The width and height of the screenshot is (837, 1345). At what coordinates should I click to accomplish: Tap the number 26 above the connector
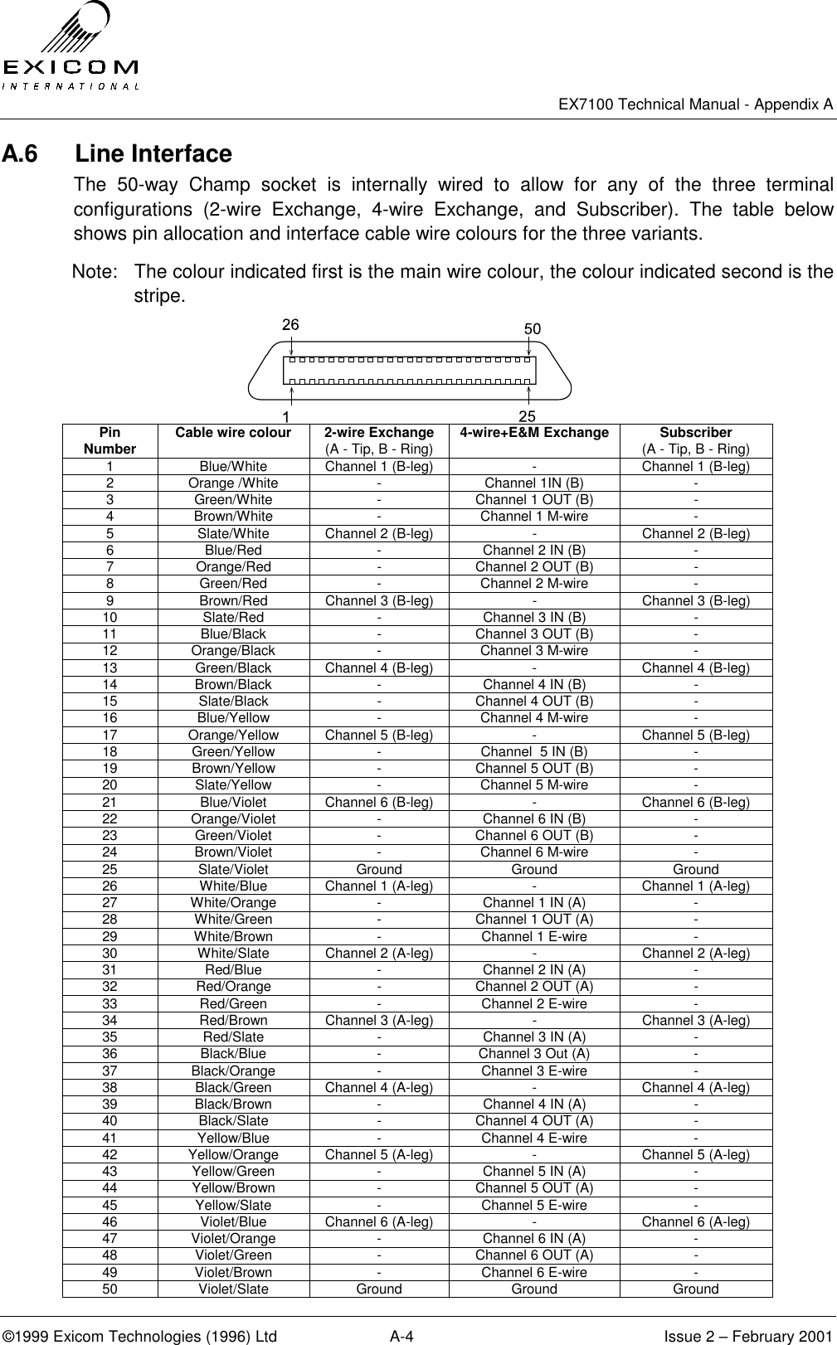click(290, 325)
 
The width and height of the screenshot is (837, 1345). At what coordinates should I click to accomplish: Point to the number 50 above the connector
click(533, 328)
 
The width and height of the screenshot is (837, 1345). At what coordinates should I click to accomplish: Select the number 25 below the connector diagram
click(526, 414)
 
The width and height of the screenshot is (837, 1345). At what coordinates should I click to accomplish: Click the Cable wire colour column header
click(233, 433)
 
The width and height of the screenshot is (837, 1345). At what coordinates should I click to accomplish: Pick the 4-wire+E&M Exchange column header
click(534, 433)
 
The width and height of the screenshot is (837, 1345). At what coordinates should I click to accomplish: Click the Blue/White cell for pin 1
click(233, 467)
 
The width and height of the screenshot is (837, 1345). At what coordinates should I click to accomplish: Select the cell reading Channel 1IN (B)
click(534, 483)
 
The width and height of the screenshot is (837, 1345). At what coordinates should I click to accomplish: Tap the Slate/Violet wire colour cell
click(233, 870)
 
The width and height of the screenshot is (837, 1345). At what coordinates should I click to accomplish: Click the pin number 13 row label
click(109, 668)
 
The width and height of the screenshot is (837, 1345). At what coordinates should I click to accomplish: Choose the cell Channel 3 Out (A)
click(534, 1054)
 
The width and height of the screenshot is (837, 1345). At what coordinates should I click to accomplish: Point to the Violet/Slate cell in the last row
click(233, 1289)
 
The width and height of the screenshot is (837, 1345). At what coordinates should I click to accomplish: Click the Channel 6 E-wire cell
click(534, 1273)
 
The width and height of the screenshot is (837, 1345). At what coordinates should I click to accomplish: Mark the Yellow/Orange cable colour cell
click(233, 1155)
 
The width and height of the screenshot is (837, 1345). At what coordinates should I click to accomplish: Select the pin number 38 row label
click(109, 1088)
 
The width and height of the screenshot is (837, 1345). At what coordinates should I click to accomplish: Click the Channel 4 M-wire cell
click(534, 718)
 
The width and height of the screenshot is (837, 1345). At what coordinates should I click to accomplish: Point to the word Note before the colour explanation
click(91, 271)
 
